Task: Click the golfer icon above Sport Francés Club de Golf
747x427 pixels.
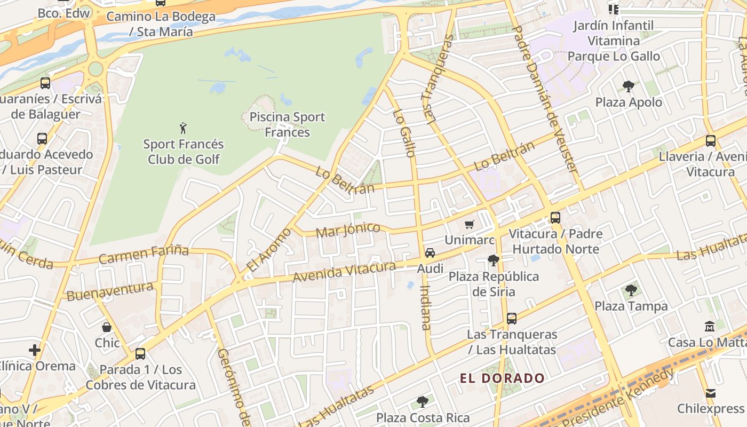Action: click(x=184, y=128)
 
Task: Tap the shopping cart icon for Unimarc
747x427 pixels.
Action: click(x=470, y=225)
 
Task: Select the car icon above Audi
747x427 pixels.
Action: click(x=430, y=253)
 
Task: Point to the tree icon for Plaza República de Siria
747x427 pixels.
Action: click(x=493, y=260)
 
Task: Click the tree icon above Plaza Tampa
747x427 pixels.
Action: click(x=631, y=290)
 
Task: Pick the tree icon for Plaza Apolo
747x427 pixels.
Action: click(x=629, y=86)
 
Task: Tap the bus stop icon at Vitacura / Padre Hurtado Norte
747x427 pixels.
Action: click(x=555, y=218)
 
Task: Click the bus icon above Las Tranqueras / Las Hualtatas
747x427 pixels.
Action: click(x=512, y=319)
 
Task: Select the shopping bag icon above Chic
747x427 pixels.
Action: click(x=107, y=327)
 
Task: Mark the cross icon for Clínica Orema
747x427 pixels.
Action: click(x=35, y=350)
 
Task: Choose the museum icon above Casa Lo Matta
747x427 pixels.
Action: click(x=710, y=326)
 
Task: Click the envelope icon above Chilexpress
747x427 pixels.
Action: click(x=710, y=393)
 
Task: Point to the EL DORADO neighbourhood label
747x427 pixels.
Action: click(x=502, y=379)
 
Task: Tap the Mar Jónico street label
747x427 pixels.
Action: click(x=348, y=231)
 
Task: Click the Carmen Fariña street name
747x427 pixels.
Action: click(x=144, y=255)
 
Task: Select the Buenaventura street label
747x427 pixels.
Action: click(x=110, y=291)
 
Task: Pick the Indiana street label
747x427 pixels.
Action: click(x=425, y=307)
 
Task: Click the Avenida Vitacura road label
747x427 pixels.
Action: click(x=344, y=272)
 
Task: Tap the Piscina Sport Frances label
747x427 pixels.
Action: click(x=287, y=124)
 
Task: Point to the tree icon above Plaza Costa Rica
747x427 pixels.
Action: click(x=423, y=401)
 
